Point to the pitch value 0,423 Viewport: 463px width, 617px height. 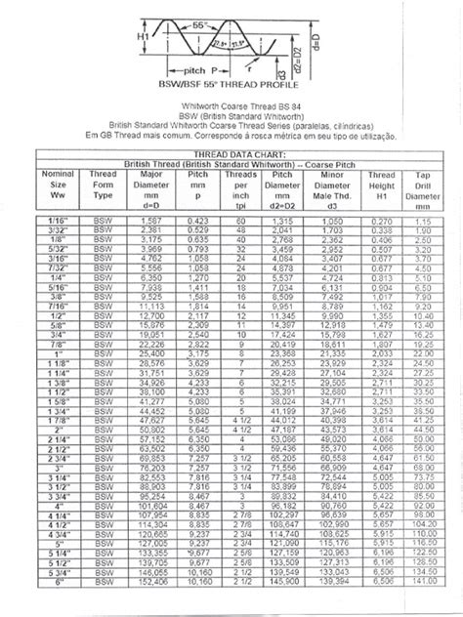click(x=198, y=223)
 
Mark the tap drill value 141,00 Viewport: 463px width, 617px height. click(x=422, y=609)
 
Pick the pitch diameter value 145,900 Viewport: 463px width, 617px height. click(x=283, y=609)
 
